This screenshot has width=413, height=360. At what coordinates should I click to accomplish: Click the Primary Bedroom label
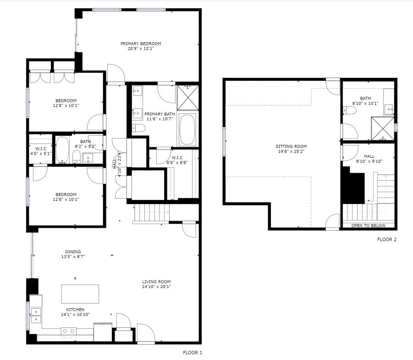pos(141,44)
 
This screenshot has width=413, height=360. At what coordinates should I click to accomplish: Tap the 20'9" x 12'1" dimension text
pos(141,49)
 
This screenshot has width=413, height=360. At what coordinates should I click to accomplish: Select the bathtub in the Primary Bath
pos(187,129)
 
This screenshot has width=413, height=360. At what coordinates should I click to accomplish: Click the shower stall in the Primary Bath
pos(188,97)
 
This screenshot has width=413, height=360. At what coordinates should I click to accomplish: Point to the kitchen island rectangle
pos(80,294)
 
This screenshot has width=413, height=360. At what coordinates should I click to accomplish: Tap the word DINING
pos(73,252)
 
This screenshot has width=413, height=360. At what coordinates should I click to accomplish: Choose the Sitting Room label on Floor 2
pos(291,146)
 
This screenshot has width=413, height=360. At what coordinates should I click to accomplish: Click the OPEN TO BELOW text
pos(368,226)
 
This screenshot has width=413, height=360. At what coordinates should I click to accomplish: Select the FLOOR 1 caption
pos(192,353)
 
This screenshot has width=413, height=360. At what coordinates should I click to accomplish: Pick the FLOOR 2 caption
pos(387,239)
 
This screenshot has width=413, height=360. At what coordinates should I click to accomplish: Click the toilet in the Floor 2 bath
pos(349,111)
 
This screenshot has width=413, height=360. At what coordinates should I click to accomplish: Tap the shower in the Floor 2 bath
pos(382,128)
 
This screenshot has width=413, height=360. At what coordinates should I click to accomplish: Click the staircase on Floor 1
pos(151,214)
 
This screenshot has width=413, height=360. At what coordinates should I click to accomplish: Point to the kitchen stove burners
pos(69,334)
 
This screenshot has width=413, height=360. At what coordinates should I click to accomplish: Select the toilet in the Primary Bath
pos(138,128)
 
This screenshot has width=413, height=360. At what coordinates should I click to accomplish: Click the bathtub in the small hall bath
pos(62,150)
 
